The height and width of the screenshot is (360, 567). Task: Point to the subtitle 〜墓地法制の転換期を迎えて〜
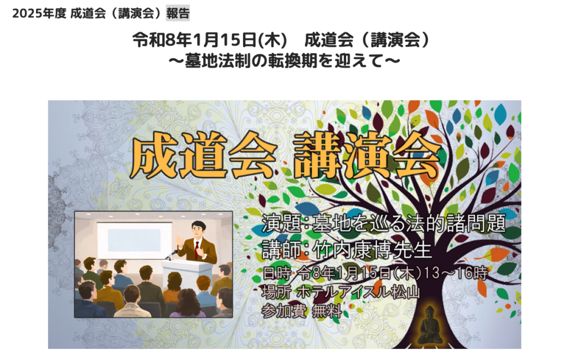coord(283,59)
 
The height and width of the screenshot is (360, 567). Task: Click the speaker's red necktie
coord(197,246)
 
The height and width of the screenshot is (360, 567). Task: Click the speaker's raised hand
coord(179,241)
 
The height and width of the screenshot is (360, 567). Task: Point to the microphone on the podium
coord(172,254)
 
